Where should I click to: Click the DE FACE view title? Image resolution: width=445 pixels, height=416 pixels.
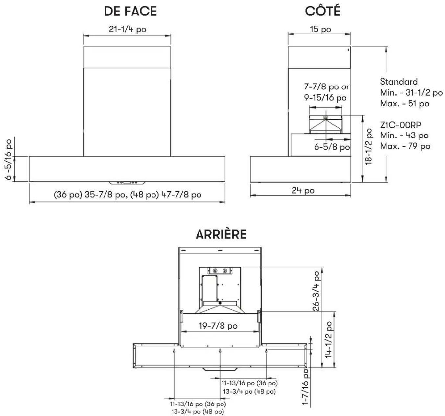tap(130, 11)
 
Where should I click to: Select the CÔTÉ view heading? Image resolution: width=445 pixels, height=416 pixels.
tap(322, 11)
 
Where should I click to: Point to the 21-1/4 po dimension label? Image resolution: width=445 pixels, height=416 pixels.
tap(128, 29)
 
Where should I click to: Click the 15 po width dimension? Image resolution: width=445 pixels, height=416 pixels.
tap(320, 29)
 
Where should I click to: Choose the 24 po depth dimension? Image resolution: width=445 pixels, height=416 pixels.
tap(303, 191)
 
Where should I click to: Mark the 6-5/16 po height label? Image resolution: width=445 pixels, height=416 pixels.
tap(8, 159)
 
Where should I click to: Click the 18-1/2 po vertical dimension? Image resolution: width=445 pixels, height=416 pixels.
tap(369, 146)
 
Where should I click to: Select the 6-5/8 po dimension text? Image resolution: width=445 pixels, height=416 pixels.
tap(332, 147)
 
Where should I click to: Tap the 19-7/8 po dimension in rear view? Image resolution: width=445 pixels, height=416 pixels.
tap(218, 326)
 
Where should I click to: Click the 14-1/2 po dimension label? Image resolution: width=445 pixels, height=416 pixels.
tap(329, 339)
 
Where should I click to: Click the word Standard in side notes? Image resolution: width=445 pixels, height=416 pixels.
tap(399, 82)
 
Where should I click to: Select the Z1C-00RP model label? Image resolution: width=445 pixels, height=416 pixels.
tap(401, 125)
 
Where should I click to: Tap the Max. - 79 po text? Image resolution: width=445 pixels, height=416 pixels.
tap(405, 146)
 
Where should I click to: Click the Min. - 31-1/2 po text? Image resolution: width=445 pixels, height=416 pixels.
tap(411, 92)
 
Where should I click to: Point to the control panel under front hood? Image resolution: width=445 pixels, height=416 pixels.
tap(127, 183)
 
